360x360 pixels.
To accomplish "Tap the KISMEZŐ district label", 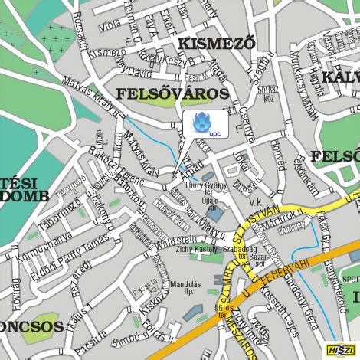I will [x=217, y=44].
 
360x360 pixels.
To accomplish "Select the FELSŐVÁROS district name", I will [x=172, y=94].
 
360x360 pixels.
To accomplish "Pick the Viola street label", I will [x=110, y=25].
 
